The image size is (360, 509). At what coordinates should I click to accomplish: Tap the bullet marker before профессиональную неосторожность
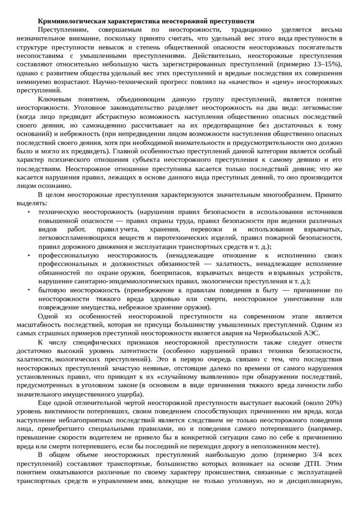29,255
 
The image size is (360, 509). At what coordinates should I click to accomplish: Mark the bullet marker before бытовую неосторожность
29,290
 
